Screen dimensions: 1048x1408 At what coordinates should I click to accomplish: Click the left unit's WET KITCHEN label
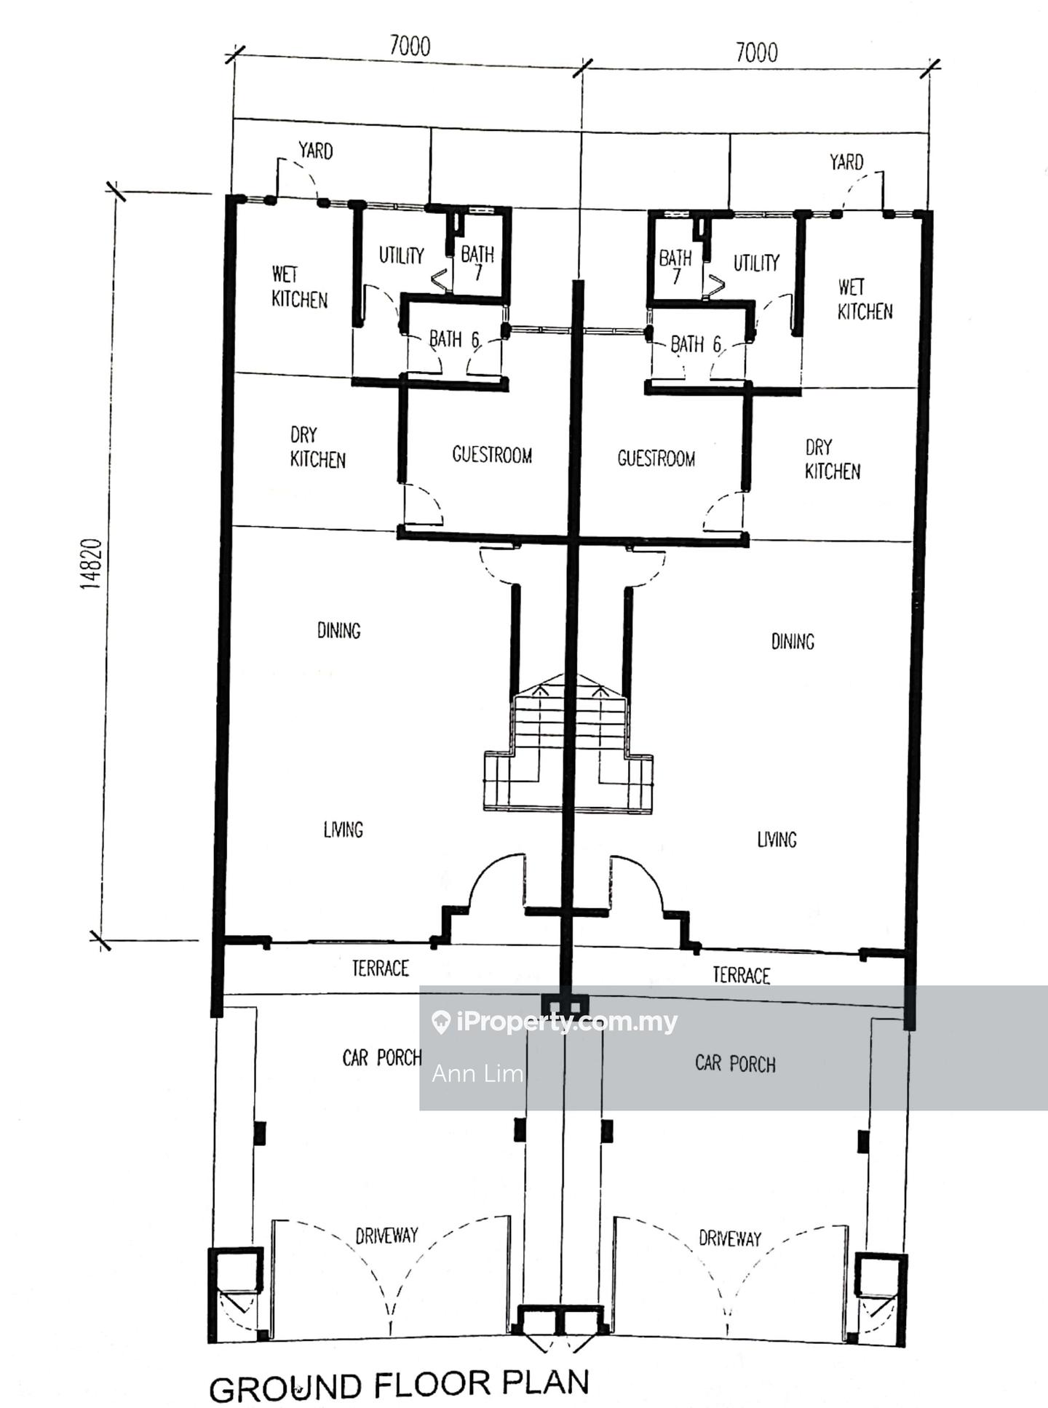pos(299,287)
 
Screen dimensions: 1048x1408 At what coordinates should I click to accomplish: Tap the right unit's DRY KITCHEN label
pos(832,459)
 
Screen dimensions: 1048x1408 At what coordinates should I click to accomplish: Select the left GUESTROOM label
pos(492,455)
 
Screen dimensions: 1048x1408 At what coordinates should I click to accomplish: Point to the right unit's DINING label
pos(793,641)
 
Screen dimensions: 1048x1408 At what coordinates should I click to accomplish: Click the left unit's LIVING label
pos(343,829)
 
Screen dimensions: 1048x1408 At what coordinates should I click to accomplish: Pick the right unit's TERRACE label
pos(741,975)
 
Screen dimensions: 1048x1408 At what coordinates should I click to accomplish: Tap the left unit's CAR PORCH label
pos(382,1057)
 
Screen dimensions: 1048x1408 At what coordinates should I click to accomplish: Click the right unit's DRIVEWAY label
pos(730,1238)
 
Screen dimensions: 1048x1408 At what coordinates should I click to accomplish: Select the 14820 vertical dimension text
pos(91,564)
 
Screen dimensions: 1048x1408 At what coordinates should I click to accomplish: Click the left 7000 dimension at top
pos(410,46)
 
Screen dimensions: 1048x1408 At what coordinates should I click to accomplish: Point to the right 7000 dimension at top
pos(756,52)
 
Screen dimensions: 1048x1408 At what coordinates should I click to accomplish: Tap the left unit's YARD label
pos(315,151)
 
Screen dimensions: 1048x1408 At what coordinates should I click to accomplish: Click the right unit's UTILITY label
pos(756,263)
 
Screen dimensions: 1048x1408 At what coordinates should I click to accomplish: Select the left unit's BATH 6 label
pos(454,339)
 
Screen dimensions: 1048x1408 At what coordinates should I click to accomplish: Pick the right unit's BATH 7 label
pos(675,266)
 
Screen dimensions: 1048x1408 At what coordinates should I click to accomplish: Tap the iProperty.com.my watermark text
pos(555,1022)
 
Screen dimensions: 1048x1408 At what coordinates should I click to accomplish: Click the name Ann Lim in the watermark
pos(477,1073)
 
